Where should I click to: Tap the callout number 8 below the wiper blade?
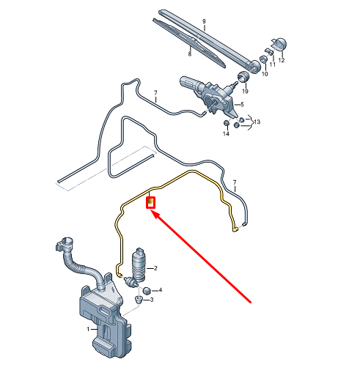[x=190, y=53]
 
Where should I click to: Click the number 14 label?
[x=226, y=135]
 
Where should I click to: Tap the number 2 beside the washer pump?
[x=155, y=269]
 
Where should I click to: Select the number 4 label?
[x=160, y=290]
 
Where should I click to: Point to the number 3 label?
[x=151, y=300]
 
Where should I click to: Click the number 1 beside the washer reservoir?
[x=89, y=329]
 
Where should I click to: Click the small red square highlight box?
[x=150, y=201]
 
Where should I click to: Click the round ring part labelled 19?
[x=242, y=76]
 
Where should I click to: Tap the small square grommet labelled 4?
[x=144, y=291]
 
